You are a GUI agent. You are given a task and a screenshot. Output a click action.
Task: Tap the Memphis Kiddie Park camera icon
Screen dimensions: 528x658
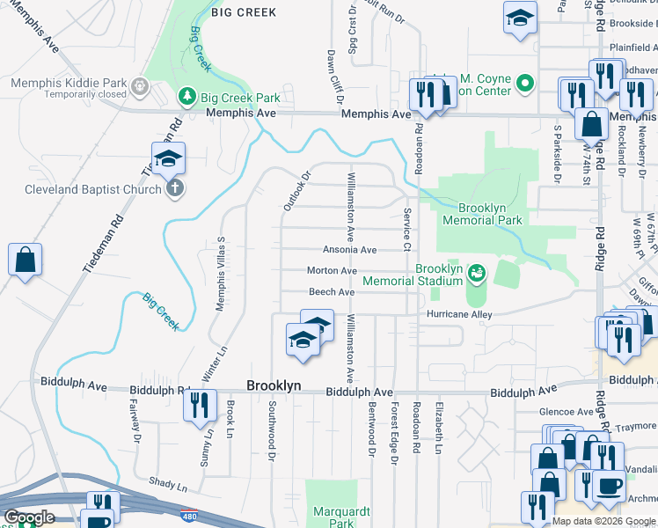pos(138,86)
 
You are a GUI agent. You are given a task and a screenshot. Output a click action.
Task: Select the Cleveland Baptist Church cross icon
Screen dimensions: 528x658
pos(175,188)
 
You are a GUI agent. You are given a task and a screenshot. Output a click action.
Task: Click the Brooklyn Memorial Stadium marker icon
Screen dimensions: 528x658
pos(477,274)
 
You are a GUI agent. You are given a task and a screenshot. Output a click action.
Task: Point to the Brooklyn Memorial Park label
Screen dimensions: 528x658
pos(482,214)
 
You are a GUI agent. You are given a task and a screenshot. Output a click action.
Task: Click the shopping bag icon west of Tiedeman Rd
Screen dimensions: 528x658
pos(25,260)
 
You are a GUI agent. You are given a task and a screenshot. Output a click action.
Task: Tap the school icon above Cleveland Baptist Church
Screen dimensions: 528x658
pos(167,158)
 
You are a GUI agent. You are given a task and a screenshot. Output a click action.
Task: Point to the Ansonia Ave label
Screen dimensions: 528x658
pos(351,250)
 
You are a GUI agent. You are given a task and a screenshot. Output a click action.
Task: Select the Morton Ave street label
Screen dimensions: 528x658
pos(332,271)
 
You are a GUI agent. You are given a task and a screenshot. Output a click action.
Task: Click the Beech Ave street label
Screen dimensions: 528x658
pos(331,292)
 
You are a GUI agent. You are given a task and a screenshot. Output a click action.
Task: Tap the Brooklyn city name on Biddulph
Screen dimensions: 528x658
pos(274,386)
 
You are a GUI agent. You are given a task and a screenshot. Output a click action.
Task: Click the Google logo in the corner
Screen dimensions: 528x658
pos(29,517)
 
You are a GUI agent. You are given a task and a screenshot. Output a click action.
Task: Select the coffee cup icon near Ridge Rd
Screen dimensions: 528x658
pos(609,485)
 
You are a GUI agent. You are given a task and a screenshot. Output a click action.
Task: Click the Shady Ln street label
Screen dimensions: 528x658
pos(169,486)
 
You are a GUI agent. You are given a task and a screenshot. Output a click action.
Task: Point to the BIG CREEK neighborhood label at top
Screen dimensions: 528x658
pos(244,12)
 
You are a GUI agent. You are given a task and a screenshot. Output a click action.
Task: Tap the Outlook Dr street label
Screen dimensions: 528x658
pos(297,190)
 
